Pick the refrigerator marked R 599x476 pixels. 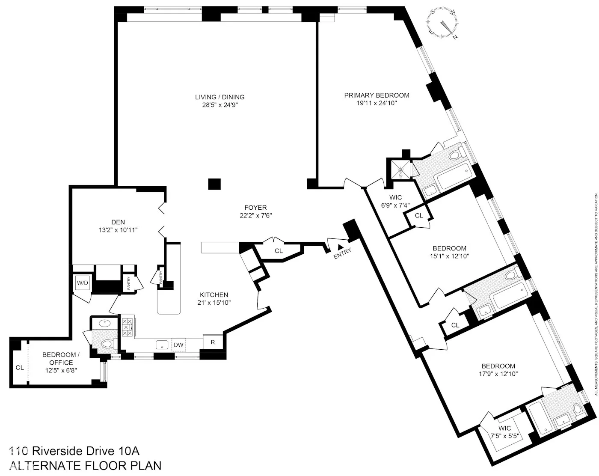[x=213, y=342]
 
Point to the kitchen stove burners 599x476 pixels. [x=127, y=327]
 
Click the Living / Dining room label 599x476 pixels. [x=220, y=97]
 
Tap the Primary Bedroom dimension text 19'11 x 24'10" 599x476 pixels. [x=377, y=103]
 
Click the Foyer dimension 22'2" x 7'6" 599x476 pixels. [x=256, y=215]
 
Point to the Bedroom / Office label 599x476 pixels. [x=60, y=358]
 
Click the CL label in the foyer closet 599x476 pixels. [x=279, y=251]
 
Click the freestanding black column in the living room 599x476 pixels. [x=214, y=184]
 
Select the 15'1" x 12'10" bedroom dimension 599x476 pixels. [x=449, y=256]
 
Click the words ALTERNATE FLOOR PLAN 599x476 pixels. [x=86, y=465]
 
